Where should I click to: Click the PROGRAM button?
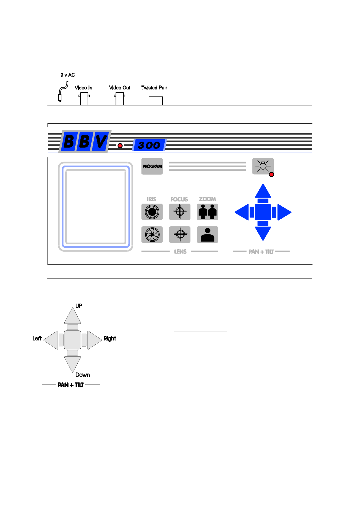pyautogui.click(x=152, y=166)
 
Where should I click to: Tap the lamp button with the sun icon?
pyautogui.click(x=263, y=166)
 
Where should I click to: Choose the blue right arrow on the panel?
pyautogui.click(x=284, y=212)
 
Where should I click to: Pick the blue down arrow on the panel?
pyautogui.click(x=263, y=234)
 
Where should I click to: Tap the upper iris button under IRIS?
pyautogui.click(x=152, y=211)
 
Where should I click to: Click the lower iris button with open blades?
pyautogui.click(x=152, y=234)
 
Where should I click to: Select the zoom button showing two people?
pyautogui.click(x=207, y=211)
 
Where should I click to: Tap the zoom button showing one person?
pyautogui.click(x=207, y=234)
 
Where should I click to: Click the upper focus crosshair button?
pyautogui.click(x=180, y=211)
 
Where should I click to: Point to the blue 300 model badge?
pyautogui.click(x=149, y=145)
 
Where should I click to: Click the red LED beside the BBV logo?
pyautogui.click(x=120, y=145)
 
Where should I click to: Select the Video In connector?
pyautogui.click(x=84, y=98)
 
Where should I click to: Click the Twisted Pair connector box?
pyautogui.click(x=156, y=101)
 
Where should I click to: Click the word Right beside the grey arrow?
pyautogui.click(x=110, y=339)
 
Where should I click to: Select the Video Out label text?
pyautogui.click(x=120, y=88)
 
